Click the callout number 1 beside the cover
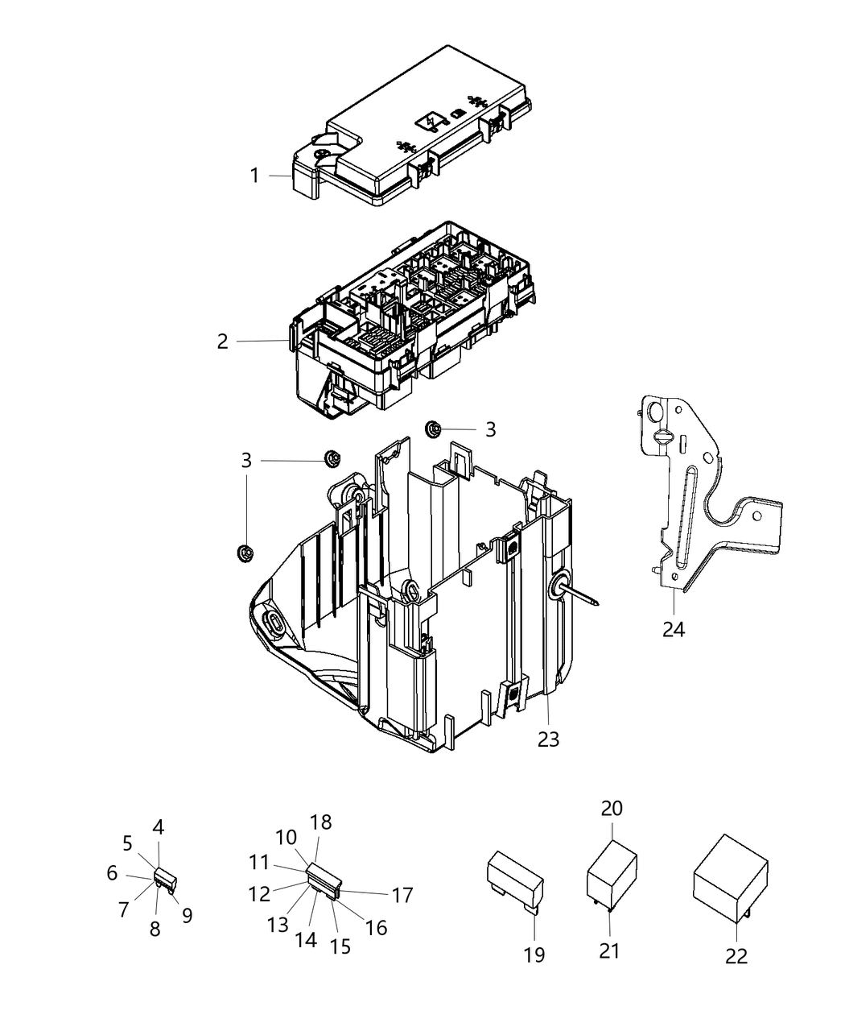coord(254,175)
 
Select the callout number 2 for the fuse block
coord(223,341)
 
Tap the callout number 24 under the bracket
coord(673,628)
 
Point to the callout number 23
coord(548,738)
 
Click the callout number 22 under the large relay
coord(736,955)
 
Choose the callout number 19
coord(534,955)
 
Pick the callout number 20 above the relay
coord(612,809)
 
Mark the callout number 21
coord(609,950)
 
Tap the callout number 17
coord(402,894)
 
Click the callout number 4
coord(159,826)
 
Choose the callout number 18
coord(321,822)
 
